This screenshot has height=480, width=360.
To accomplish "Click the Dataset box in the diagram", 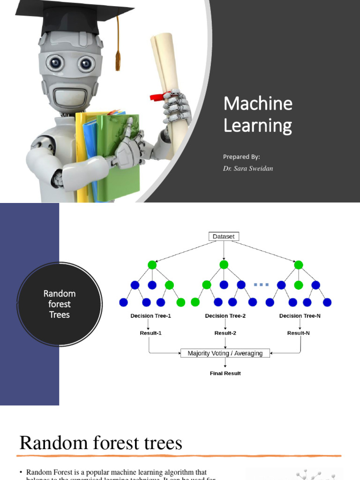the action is click(x=224, y=237).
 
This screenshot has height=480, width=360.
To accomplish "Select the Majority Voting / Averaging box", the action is click(x=225, y=353).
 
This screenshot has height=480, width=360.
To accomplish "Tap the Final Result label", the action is click(x=225, y=374).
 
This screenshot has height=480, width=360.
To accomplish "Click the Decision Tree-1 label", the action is click(x=150, y=316).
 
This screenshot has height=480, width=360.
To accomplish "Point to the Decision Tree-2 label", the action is click(x=225, y=316).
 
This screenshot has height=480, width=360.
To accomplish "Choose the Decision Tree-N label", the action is click(x=300, y=316).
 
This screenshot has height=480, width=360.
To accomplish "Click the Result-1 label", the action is click(x=150, y=333).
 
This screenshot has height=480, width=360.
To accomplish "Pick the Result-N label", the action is click(x=299, y=333).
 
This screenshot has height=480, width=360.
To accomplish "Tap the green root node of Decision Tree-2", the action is click(x=224, y=265).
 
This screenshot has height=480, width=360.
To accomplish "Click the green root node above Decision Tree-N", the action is click(x=299, y=265).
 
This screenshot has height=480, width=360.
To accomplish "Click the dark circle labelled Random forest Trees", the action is click(x=60, y=304).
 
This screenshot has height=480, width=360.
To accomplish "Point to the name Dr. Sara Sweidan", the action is click(x=248, y=169).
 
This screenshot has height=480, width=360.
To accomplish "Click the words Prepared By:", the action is click(x=241, y=157).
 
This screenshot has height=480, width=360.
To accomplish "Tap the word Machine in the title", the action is click(x=258, y=104).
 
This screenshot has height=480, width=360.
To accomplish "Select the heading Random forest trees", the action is click(x=101, y=442).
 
